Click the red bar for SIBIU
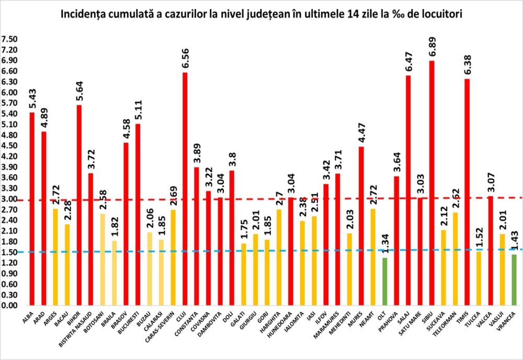(x=431, y=183)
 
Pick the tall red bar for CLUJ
(x=185, y=188)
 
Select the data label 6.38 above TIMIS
(x=466, y=63)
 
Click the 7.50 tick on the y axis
(x=10, y=39)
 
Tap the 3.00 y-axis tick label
(x=10, y=199)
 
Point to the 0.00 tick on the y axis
(x=10, y=306)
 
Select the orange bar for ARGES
(x=56, y=256)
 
